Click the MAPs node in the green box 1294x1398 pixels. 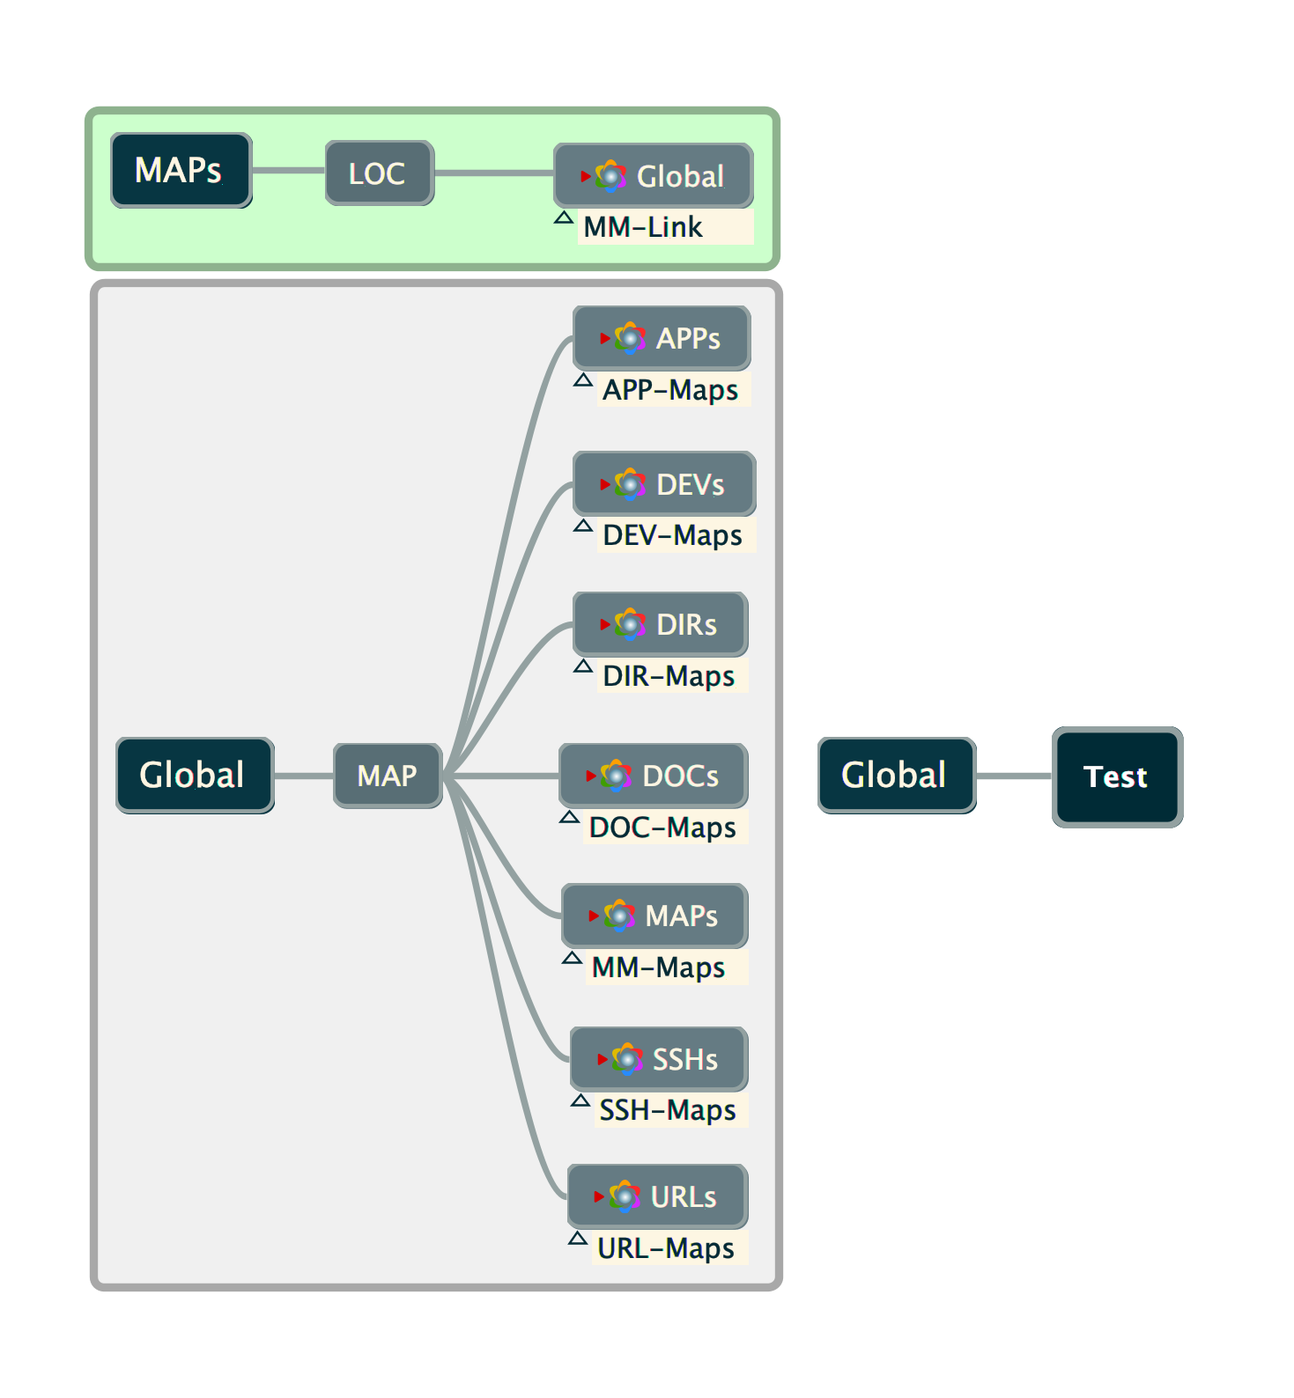coord(181,171)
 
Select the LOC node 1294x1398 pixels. coord(379,173)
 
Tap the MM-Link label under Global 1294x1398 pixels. coord(643,227)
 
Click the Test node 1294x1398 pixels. coord(1116,776)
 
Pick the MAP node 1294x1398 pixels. coord(388,776)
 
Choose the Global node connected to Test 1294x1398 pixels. coord(896,776)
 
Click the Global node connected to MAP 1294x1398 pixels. coord(194,776)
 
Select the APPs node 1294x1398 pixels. coord(662,338)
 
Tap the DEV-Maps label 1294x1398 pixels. coord(672,535)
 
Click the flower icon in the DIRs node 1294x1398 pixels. coord(630,624)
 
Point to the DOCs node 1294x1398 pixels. coord(654,776)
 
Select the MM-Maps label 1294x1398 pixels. coord(658,968)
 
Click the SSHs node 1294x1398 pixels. coord(659,1059)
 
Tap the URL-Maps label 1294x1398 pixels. coord(665,1248)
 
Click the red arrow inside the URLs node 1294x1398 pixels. coord(599,1196)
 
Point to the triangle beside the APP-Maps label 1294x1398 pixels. coord(582,380)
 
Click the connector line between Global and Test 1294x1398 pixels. coord(1014,776)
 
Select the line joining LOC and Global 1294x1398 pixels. coord(493,173)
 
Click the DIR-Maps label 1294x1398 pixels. coord(668,676)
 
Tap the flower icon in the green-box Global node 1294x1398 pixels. coord(610,176)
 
